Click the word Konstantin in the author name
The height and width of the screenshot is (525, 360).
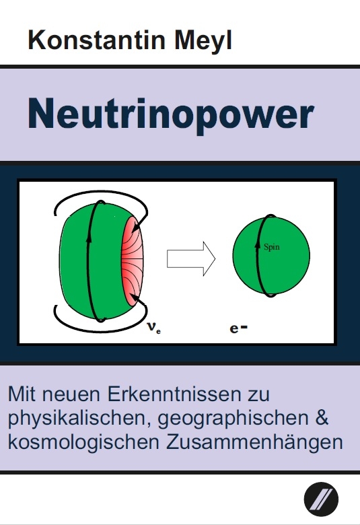(x=97, y=40)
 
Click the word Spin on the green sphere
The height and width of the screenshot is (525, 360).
(x=272, y=248)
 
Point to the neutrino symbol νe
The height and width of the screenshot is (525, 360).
(x=154, y=327)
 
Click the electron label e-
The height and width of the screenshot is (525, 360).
(x=238, y=328)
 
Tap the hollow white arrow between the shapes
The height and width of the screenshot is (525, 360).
(x=191, y=259)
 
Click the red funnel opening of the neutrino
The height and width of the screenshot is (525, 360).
(x=133, y=261)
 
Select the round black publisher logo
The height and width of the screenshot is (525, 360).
(x=321, y=499)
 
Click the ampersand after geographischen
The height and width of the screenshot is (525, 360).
(x=322, y=417)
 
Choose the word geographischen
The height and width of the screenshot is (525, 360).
(x=233, y=419)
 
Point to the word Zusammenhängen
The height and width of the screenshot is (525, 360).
(x=254, y=443)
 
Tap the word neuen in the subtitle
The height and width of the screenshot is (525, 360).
(x=71, y=396)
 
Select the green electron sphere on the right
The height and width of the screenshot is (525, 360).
(x=271, y=256)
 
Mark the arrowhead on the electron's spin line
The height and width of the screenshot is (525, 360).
(x=257, y=245)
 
